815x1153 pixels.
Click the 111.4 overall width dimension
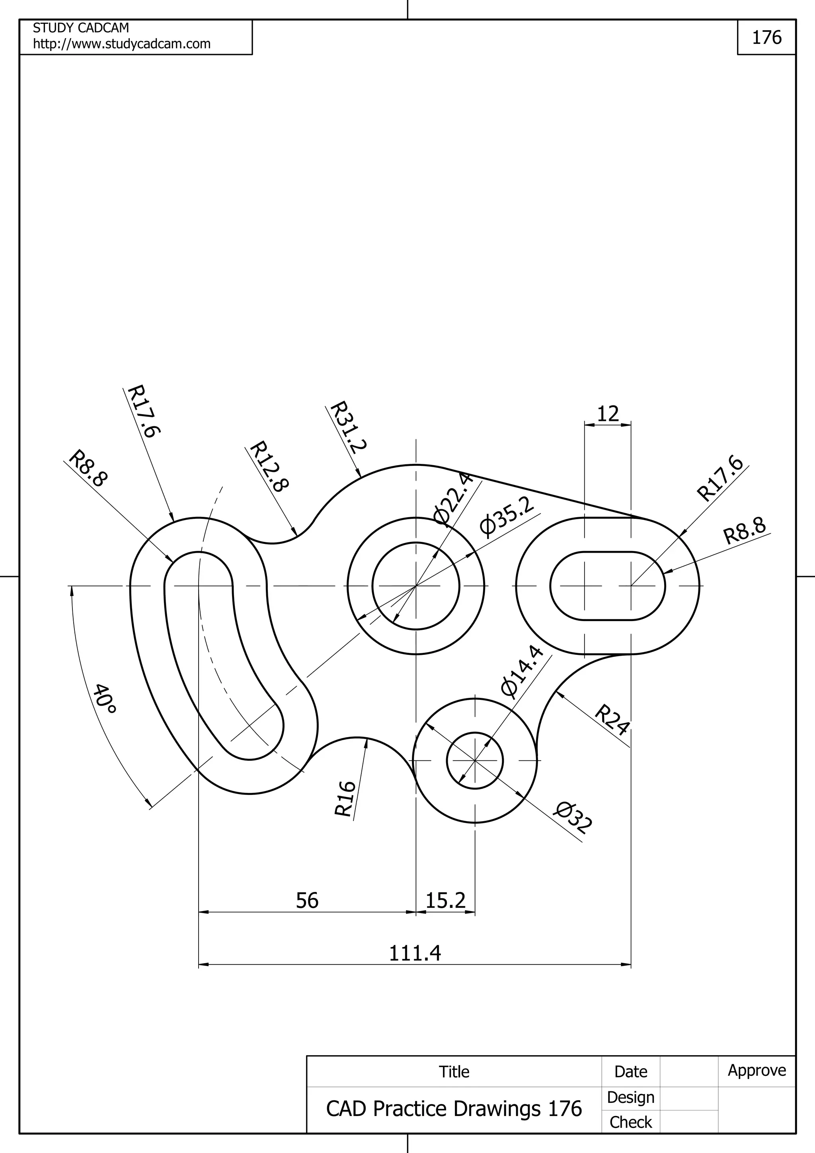pyautogui.click(x=415, y=952)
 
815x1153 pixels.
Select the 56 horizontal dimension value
pyautogui.click(x=307, y=900)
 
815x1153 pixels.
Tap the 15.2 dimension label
pyautogui.click(x=445, y=900)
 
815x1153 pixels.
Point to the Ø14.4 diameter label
pyautogui.click(x=522, y=672)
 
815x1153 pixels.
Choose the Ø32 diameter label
pyautogui.click(x=573, y=818)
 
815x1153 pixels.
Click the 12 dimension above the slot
pyautogui.click(x=608, y=414)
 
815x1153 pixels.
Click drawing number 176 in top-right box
pyautogui.click(x=766, y=37)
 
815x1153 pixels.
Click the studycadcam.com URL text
pyautogui.click(x=121, y=44)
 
